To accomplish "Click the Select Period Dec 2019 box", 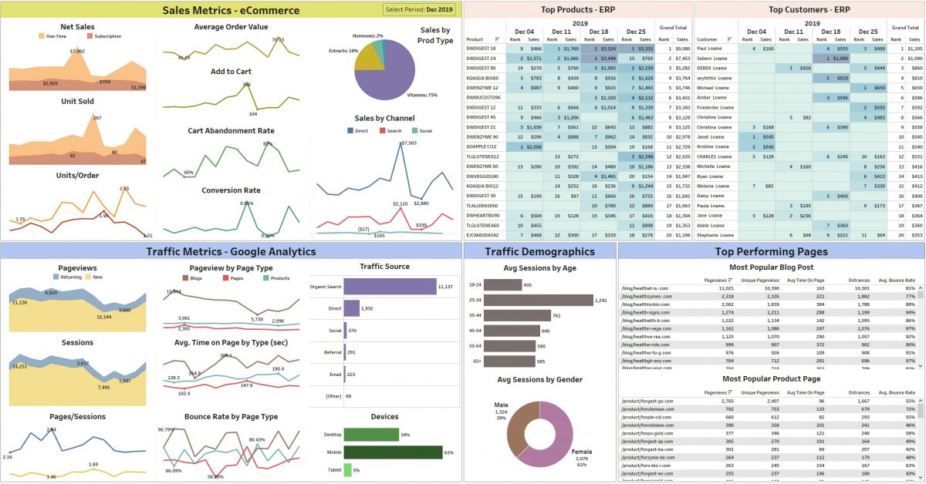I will coord(419,9).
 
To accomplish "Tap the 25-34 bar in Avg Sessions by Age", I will coord(537,300).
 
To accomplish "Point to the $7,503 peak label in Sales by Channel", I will coord(409,143).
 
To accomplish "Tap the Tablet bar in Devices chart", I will coord(347,469).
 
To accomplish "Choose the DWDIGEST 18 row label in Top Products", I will coord(482,48).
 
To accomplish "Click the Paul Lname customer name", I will coord(709,48).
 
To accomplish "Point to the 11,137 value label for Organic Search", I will coord(444,287).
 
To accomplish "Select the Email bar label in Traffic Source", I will coord(334,374).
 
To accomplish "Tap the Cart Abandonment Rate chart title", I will coord(231,131).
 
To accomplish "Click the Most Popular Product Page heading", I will coord(771,379).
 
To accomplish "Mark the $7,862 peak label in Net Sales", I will coord(77,51).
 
